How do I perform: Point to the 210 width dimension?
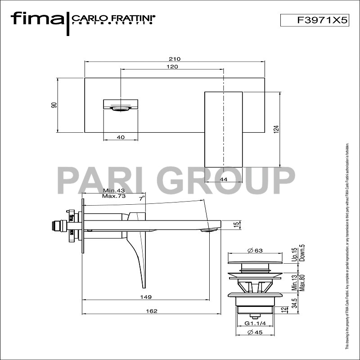click(x=175, y=59)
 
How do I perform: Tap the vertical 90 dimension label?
click(x=54, y=105)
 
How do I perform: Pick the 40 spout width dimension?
click(x=120, y=137)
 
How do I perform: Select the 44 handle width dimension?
click(x=224, y=179)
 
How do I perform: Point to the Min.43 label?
click(x=113, y=190)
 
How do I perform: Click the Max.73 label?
click(x=113, y=196)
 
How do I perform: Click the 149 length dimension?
click(x=145, y=297)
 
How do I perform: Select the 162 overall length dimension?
click(x=152, y=311)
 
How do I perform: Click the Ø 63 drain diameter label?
click(x=255, y=251)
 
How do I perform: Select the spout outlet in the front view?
click(x=120, y=108)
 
